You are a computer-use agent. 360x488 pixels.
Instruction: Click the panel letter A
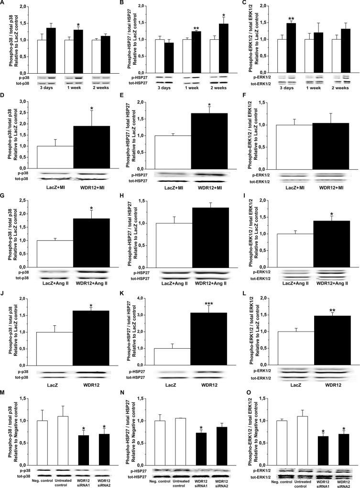pos(3,3)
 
